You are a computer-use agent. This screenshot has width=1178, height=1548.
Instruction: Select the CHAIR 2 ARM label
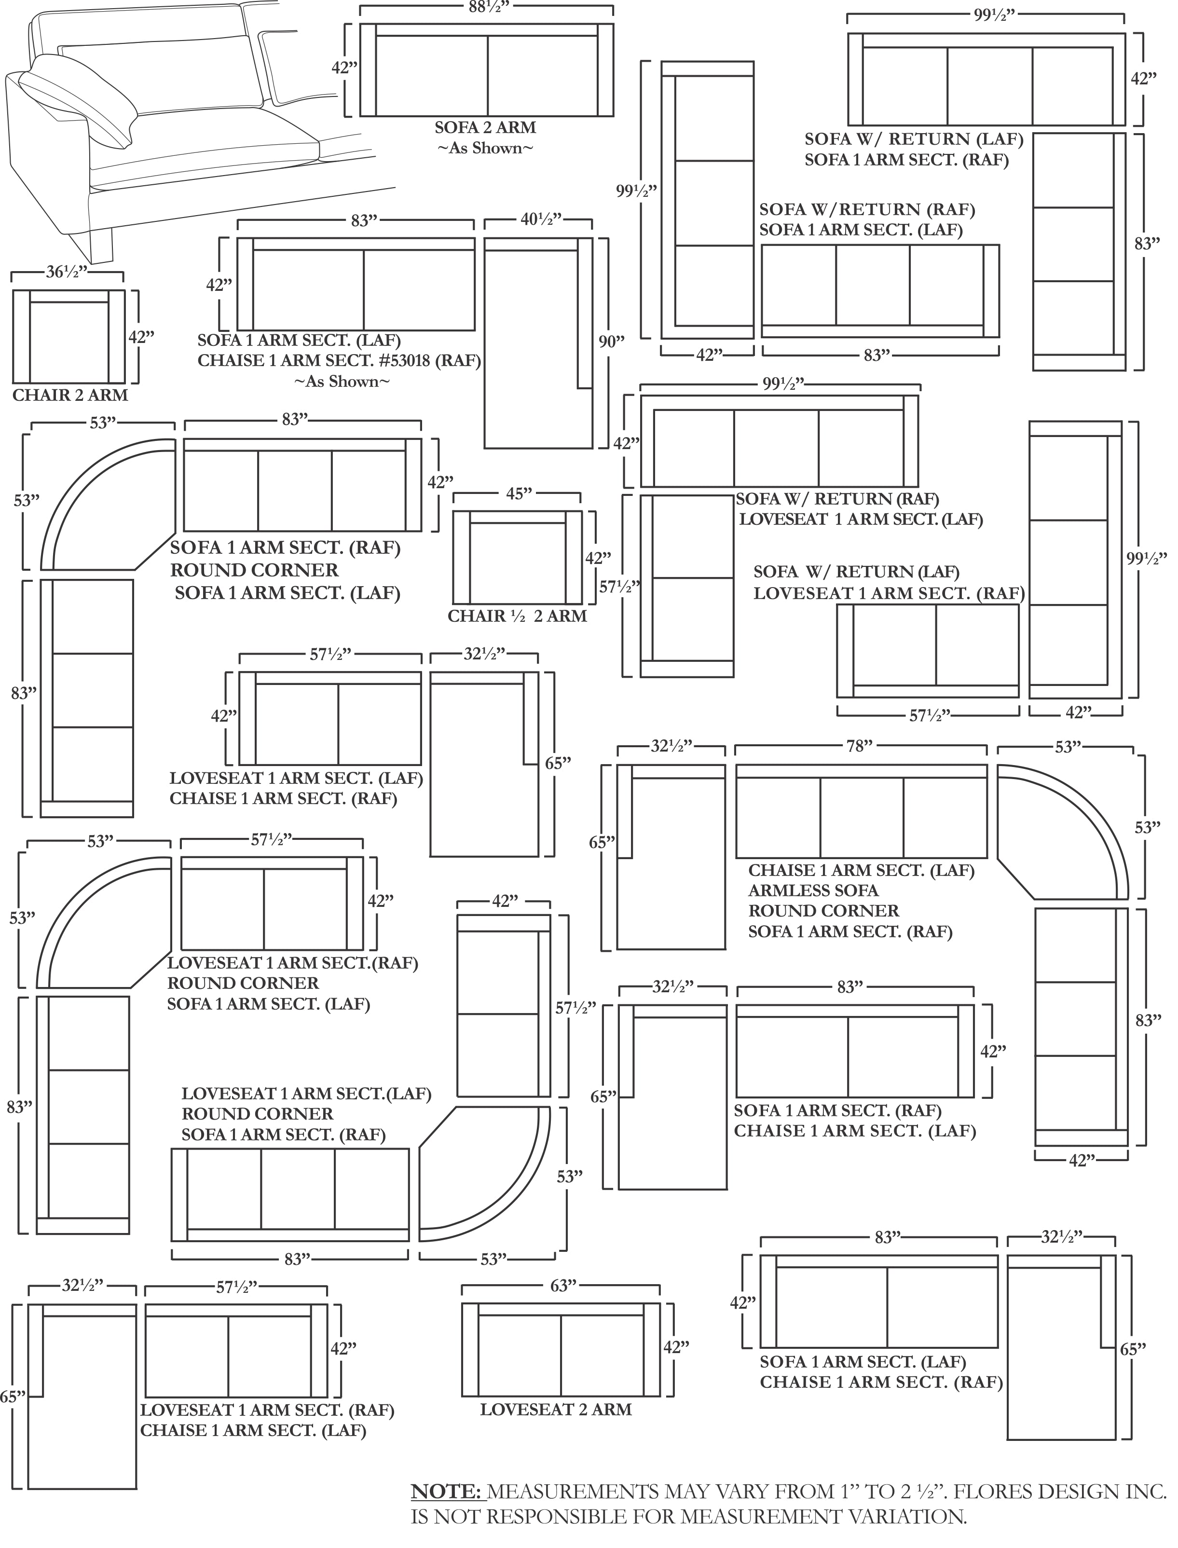point(70,396)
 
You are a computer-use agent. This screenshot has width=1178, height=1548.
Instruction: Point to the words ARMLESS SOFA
point(813,891)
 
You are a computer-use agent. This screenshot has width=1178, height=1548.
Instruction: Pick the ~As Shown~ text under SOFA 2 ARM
point(485,149)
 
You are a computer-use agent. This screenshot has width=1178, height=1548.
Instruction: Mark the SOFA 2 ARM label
point(485,128)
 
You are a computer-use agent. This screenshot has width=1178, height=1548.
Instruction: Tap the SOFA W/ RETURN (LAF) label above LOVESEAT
point(857,572)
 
